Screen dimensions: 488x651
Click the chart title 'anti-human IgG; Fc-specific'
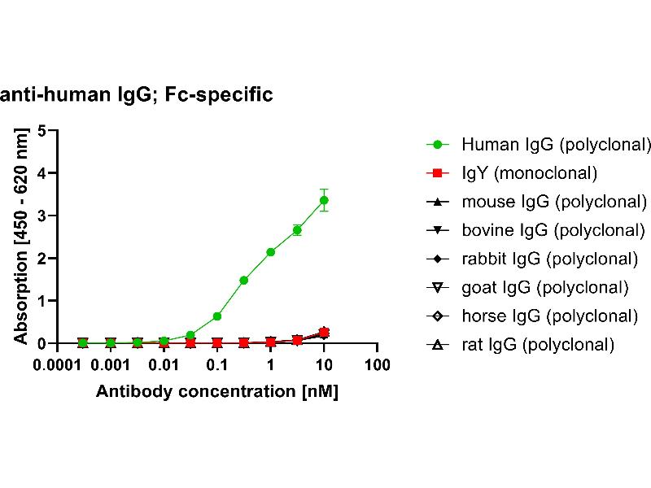click(137, 95)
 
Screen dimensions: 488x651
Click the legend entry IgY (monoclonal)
click(529, 173)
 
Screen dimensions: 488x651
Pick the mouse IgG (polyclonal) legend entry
click(554, 202)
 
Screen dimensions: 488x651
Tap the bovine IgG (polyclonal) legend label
click(554, 230)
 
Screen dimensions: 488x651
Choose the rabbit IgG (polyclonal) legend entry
click(549, 259)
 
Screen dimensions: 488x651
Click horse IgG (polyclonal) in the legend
click(549, 316)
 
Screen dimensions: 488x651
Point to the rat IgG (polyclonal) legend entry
click(538, 344)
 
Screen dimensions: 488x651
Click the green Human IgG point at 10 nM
click(324, 200)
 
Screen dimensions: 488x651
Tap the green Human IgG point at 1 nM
click(270, 252)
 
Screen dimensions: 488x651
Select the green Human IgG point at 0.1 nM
click(217, 316)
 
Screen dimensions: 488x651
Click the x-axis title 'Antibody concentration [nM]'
click(216, 391)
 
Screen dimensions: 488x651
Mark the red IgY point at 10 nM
click(324, 332)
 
